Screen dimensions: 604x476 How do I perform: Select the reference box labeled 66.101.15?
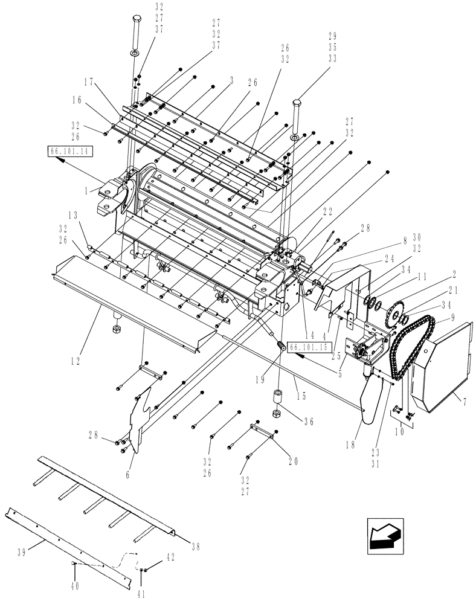click(x=310, y=347)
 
